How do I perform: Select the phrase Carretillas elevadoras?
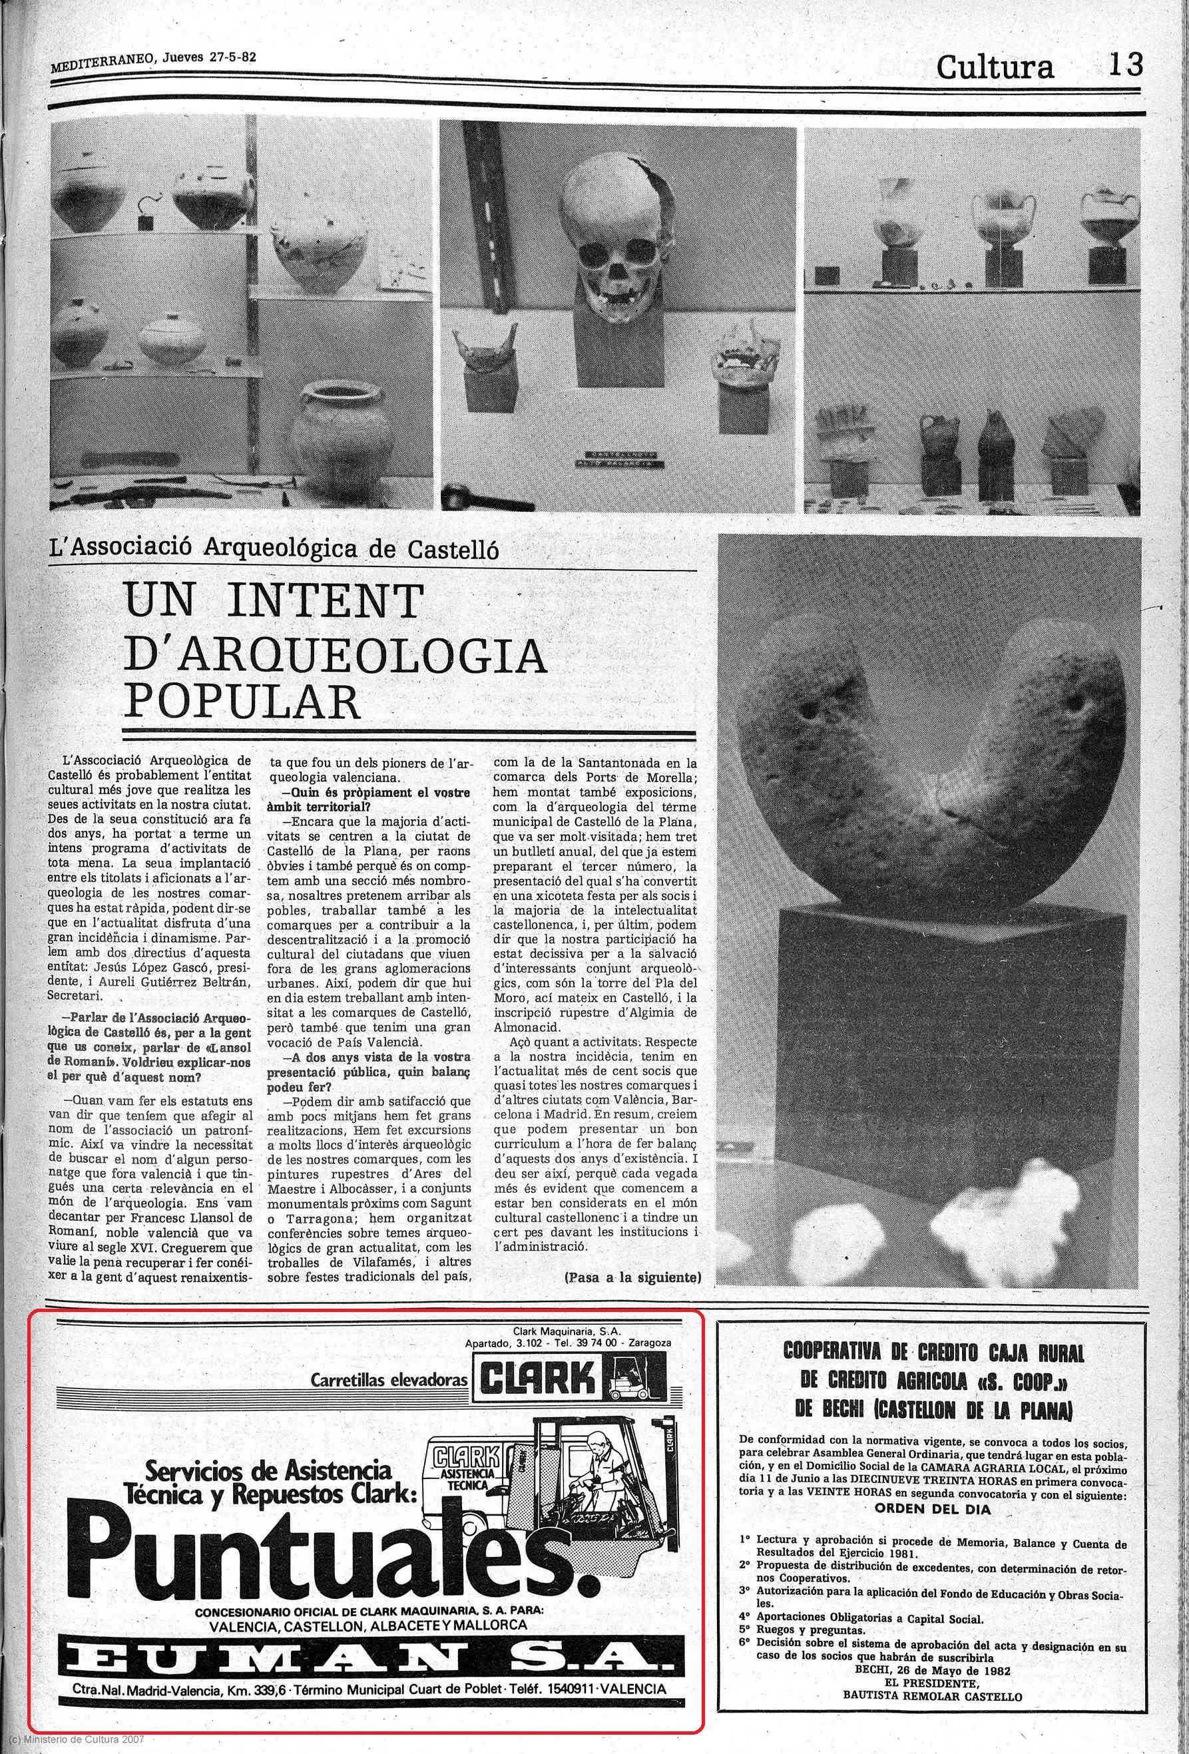(x=389, y=1381)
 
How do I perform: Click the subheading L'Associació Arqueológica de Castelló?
(x=273, y=548)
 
